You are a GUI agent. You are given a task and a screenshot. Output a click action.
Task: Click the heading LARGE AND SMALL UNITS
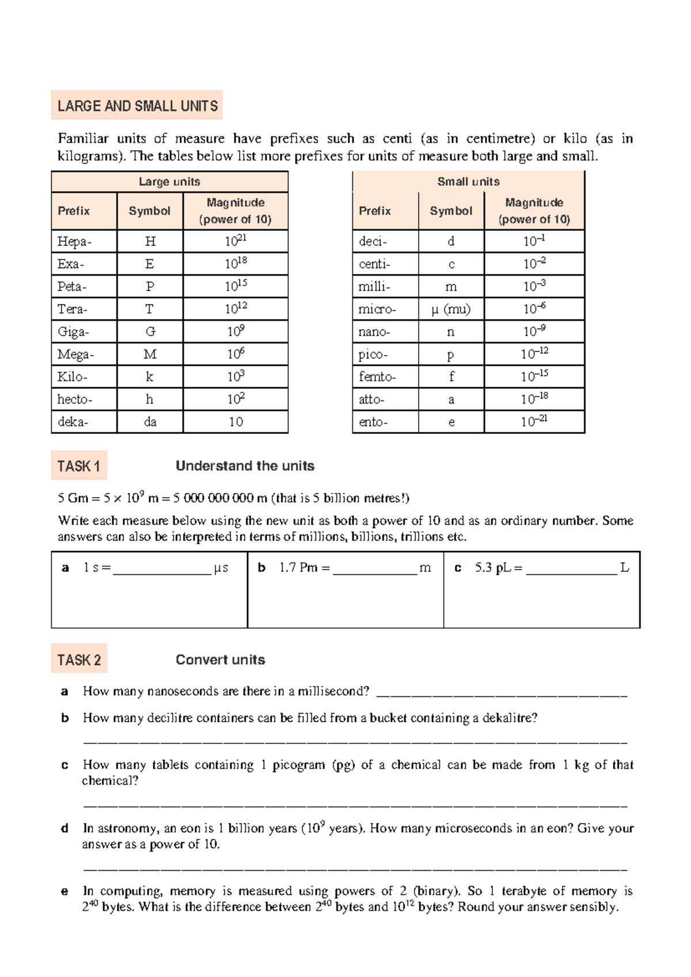click(x=137, y=106)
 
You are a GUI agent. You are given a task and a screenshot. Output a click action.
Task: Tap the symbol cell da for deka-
click(x=150, y=422)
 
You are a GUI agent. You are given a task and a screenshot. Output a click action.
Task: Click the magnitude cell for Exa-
click(x=236, y=264)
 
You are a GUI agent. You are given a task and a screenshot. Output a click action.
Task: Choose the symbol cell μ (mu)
click(x=451, y=310)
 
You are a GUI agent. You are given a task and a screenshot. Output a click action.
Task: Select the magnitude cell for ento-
click(x=534, y=422)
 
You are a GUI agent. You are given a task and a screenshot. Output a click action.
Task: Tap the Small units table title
click(x=468, y=182)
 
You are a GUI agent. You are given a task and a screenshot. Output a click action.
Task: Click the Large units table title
click(x=169, y=182)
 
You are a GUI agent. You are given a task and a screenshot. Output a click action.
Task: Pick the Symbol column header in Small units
click(x=451, y=211)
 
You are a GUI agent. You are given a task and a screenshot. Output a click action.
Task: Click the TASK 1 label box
click(x=79, y=465)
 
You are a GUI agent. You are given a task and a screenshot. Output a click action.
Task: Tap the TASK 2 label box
click(x=79, y=659)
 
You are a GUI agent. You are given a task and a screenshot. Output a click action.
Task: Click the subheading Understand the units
click(x=245, y=466)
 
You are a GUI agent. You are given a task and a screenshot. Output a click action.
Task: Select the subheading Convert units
click(x=220, y=660)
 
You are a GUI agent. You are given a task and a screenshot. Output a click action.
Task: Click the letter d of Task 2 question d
click(x=64, y=829)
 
